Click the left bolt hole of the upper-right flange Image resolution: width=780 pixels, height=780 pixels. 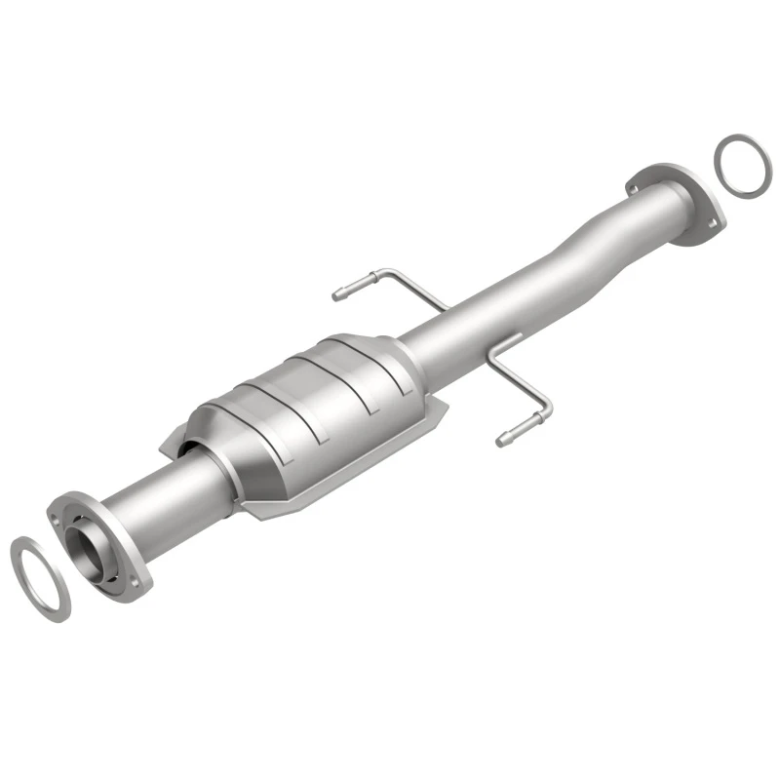635,180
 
